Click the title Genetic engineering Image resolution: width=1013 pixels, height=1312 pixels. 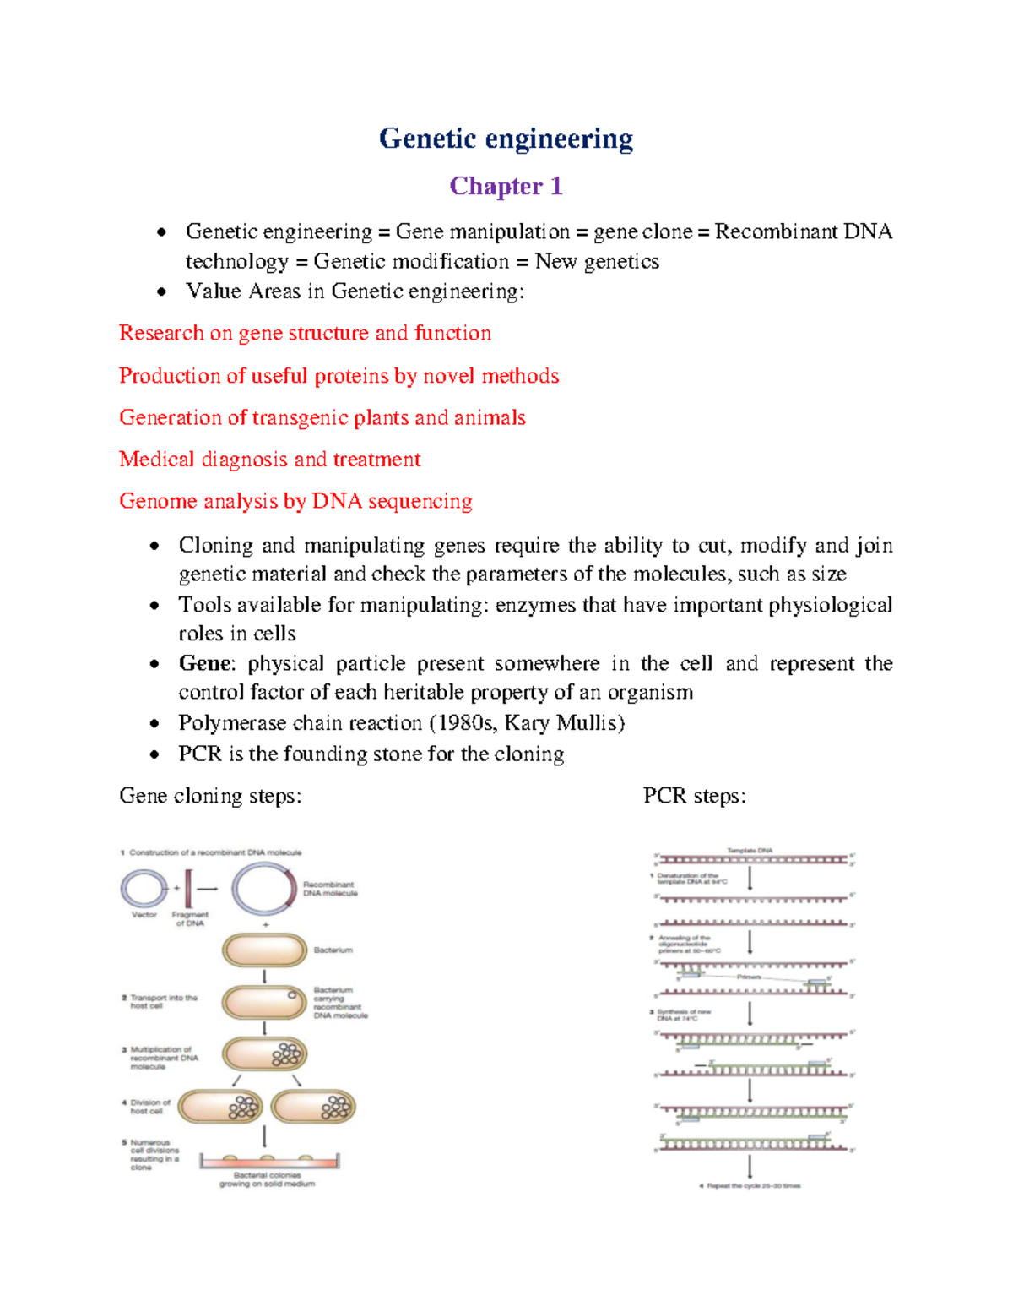pyautogui.click(x=506, y=139)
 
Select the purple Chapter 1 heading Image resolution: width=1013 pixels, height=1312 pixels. pyautogui.click(x=506, y=186)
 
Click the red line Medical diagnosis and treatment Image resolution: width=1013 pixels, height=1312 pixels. pyautogui.click(x=269, y=460)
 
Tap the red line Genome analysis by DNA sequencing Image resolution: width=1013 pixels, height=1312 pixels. pyautogui.click(x=295, y=502)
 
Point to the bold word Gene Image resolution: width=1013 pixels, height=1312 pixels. pyautogui.click(x=203, y=663)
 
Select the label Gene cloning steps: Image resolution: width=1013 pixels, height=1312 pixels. pyautogui.click(x=210, y=796)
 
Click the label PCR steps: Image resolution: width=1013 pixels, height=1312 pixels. pyautogui.click(x=694, y=796)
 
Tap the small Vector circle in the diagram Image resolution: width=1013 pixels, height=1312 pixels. pyautogui.click(x=144, y=889)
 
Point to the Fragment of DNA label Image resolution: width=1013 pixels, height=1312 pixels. pyautogui.click(x=190, y=919)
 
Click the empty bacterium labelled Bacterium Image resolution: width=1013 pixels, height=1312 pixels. pyautogui.click(x=264, y=950)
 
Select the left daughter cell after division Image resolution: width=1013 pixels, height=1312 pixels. pyautogui.click(x=220, y=1107)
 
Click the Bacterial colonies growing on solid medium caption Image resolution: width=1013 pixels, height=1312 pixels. pyautogui.click(x=267, y=1179)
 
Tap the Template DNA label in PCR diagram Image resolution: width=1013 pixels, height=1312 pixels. pyautogui.click(x=750, y=851)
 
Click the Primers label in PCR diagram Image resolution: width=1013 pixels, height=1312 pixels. pyautogui.click(x=749, y=977)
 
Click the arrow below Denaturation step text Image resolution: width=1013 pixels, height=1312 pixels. pyautogui.click(x=750, y=879)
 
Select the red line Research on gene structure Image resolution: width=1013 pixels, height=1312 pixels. pyautogui.click(x=305, y=334)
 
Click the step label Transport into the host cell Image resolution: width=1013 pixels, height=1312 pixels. pyautogui.click(x=163, y=1001)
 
